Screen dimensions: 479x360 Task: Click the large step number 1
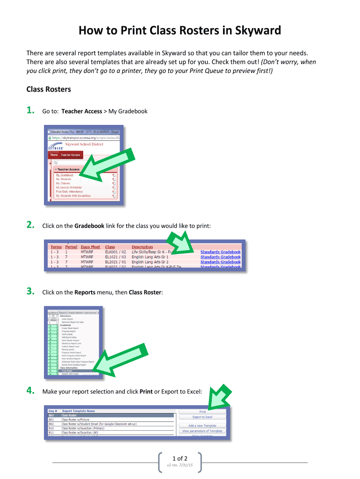tap(30, 111)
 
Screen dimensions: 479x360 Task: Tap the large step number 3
tap(30, 292)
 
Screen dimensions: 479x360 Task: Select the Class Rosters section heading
tap(49, 89)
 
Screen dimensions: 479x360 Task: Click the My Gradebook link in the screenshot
tap(65, 175)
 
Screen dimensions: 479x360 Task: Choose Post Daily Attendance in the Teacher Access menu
tap(69, 192)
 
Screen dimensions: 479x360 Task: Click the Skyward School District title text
tap(84, 144)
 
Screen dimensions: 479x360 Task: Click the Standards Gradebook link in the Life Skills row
tap(220, 252)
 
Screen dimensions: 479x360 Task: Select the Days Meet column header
tap(90, 247)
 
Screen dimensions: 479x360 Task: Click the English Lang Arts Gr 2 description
tap(150, 262)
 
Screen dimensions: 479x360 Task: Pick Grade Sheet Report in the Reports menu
tap(71, 328)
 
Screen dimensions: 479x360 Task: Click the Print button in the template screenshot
tap(202, 412)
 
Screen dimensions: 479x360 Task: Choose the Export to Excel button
tap(202, 417)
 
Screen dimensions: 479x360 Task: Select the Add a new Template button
tap(202, 426)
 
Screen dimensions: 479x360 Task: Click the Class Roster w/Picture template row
tap(75, 420)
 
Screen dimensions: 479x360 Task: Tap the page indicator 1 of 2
tap(180, 458)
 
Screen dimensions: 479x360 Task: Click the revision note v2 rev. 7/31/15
tap(180, 465)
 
